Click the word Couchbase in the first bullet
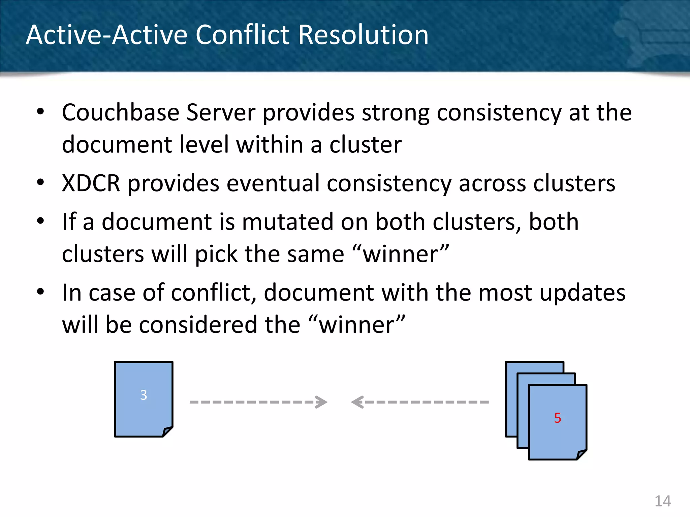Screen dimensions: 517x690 tap(120, 112)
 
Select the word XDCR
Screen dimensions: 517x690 tap(91, 183)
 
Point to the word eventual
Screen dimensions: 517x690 tap(273, 183)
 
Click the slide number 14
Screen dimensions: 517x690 tap(662, 501)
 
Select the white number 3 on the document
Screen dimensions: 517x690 tap(144, 395)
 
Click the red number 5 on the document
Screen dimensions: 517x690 tap(558, 418)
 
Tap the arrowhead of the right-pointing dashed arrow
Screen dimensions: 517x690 tap(322, 402)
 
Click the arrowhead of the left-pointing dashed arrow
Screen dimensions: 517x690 tap(357, 402)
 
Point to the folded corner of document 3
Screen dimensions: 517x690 tap(167, 432)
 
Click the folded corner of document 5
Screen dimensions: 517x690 tap(582, 454)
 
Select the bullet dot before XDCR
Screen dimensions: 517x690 tap(40, 183)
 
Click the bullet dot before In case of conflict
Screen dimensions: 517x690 tap(40, 292)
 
